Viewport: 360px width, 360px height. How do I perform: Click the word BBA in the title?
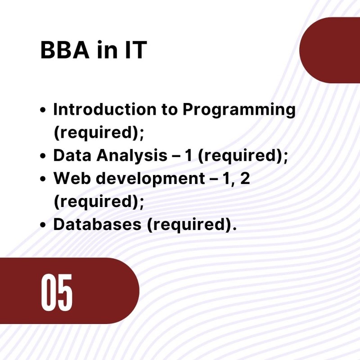pos(65,50)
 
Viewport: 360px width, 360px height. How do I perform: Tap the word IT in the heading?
pos(136,50)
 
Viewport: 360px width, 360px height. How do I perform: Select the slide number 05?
pos(57,292)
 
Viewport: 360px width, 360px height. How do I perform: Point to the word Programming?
pos(239,110)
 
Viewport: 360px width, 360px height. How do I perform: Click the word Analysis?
pos(132,156)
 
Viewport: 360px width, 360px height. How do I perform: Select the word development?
pos(150,179)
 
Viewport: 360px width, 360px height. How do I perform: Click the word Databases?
pos(97,224)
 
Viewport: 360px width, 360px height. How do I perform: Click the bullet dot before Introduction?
pos(43,109)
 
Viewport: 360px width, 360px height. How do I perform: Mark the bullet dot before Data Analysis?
pos(43,156)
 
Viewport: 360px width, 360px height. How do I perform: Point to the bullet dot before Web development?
pos(43,179)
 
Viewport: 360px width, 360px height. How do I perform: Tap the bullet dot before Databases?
pos(43,225)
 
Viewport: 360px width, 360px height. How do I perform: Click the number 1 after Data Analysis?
pos(189,155)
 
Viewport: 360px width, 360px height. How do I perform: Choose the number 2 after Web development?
pos(245,178)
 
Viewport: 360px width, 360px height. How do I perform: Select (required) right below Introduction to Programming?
pos(96,133)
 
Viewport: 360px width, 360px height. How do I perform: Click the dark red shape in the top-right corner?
pos(330,50)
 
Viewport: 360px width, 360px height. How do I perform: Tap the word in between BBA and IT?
pos(107,50)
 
